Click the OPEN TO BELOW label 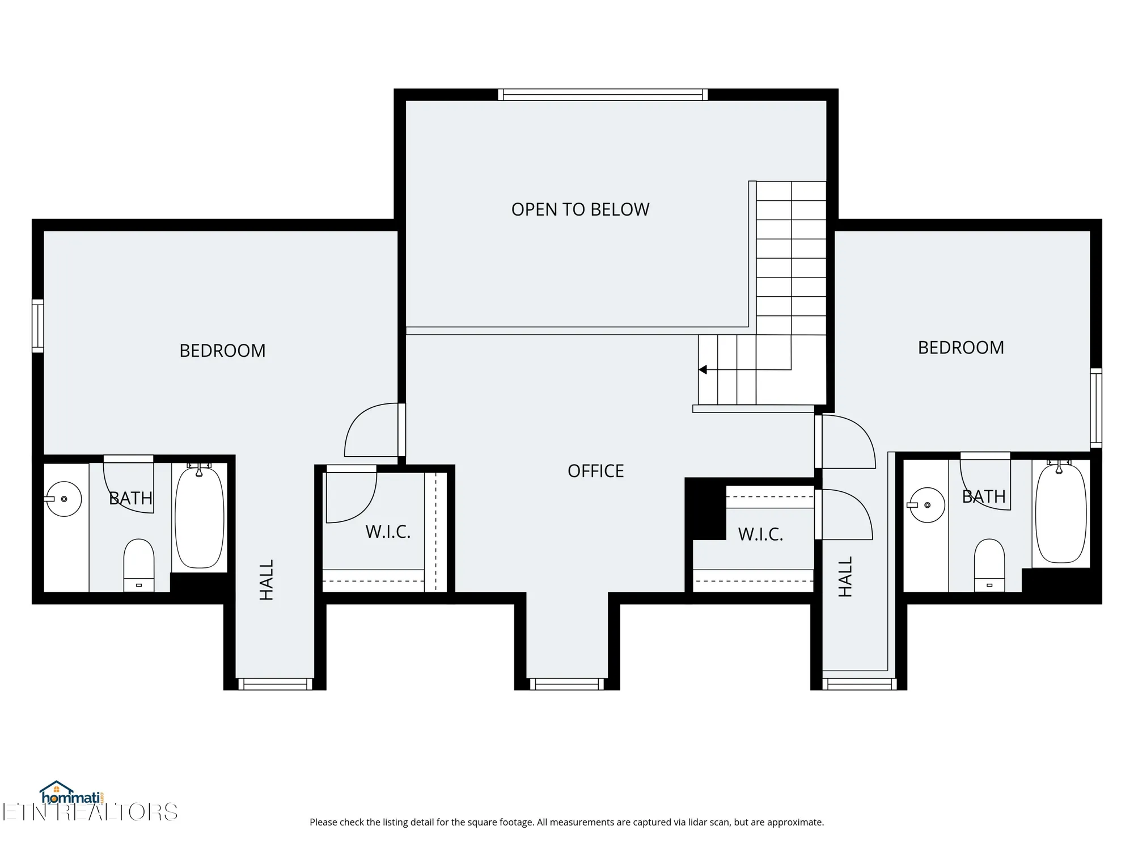pyautogui.click(x=580, y=209)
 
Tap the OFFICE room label pyautogui.click(x=595, y=471)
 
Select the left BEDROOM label pyautogui.click(x=222, y=351)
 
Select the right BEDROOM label pyautogui.click(x=960, y=347)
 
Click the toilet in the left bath pyautogui.click(x=139, y=565)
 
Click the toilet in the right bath pyautogui.click(x=989, y=565)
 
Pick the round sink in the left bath pyautogui.click(x=64, y=499)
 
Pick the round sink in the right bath pyautogui.click(x=927, y=505)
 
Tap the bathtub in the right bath pyautogui.click(x=1060, y=514)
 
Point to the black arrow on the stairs pyautogui.click(x=703, y=370)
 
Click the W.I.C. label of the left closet pyautogui.click(x=388, y=532)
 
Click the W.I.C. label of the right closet pyautogui.click(x=760, y=534)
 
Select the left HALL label pyautogui.click(x=266, y=579)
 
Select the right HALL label pyautogui.click(x=845, y=576)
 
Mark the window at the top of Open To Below pyautogui.click(x=603, y=95)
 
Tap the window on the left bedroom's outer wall pyautogui.click(x=37, y=326)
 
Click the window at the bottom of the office pyautogui.click(x=567, y=684)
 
